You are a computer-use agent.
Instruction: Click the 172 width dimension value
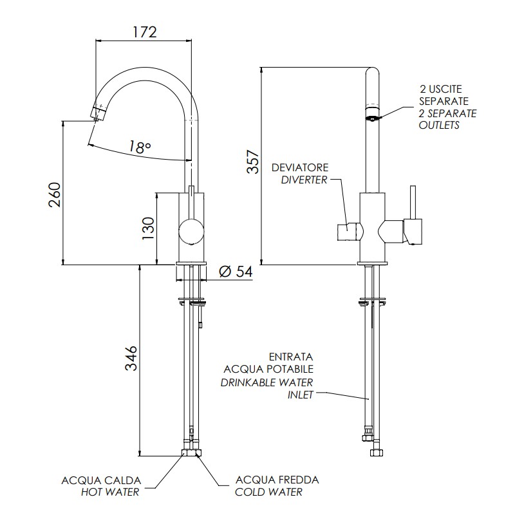pyautogui.click(x=144, y=31)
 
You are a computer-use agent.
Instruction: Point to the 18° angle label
pyautogui.click(x=140, y=147)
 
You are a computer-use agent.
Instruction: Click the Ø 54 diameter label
pyautogui.click(x=236, y=272)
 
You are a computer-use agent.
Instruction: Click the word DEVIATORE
pyautogui.click(x=299, y=167)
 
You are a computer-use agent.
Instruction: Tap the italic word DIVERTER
pyautogui.click(x=304, y=180)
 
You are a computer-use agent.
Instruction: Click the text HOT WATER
pyautogui.click(x=109, y=492)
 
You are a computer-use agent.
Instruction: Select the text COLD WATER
pyautogui.click(x=269, y=492)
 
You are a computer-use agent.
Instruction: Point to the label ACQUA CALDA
pyautogui.click(x=101, y=480)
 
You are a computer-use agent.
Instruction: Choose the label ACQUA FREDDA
pyautogui.click(x=277, y=480)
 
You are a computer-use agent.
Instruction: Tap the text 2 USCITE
pyautogui.click(x=441, y=89)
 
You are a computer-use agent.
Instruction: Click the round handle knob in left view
pyautogui.click(x=191, y=230)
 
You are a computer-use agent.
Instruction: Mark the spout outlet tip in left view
pyautogui.click(x=97, y=114)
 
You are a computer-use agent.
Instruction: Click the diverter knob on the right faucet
pyautogui.click(x=346, y=230)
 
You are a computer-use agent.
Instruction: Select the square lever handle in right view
pyautogui.click(x=413, y=230)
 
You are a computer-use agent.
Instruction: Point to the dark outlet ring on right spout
pyautogui.click(x=372, y=117)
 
